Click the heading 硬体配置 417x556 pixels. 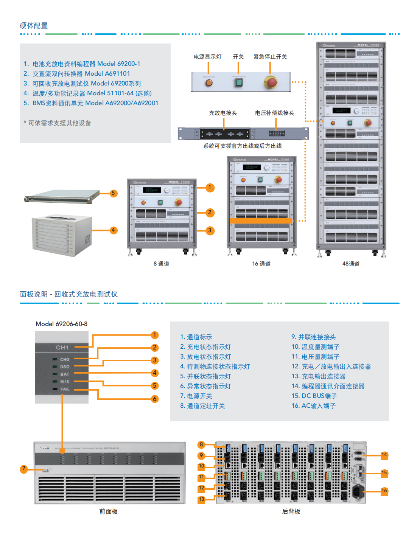[34, 26]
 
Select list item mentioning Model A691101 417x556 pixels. [81, 73]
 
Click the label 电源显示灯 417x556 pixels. [207, 57]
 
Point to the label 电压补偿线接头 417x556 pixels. [274, 113]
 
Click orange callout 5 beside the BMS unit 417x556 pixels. [113, 193]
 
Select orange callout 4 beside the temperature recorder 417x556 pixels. [113, 230]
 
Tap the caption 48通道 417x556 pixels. [351, 264]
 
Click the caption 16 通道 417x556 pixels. [261, 264]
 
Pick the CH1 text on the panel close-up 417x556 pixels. [62, 347]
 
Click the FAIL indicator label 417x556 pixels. [65, 389]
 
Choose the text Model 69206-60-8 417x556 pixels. [61, 324]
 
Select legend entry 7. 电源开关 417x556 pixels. [196, 396]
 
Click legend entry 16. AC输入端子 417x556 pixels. [313, 406]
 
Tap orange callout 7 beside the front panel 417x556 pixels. [24, 469]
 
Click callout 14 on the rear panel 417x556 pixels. [384, 455]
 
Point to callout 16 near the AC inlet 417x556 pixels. [384, 491]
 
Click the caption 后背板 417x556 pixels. [291, 511]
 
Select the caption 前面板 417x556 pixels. [109, 511]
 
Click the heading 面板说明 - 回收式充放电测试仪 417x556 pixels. [68, 294]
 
